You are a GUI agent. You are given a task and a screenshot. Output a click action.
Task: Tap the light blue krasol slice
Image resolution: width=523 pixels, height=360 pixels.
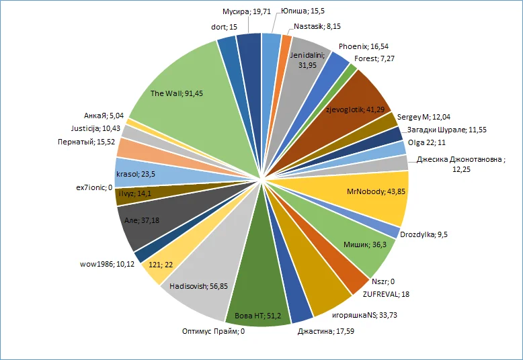pyautogui.click(x=138, y=173)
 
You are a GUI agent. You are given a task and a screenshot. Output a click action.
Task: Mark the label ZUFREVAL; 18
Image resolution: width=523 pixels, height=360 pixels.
pyautogui.click(x=386, y=294)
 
